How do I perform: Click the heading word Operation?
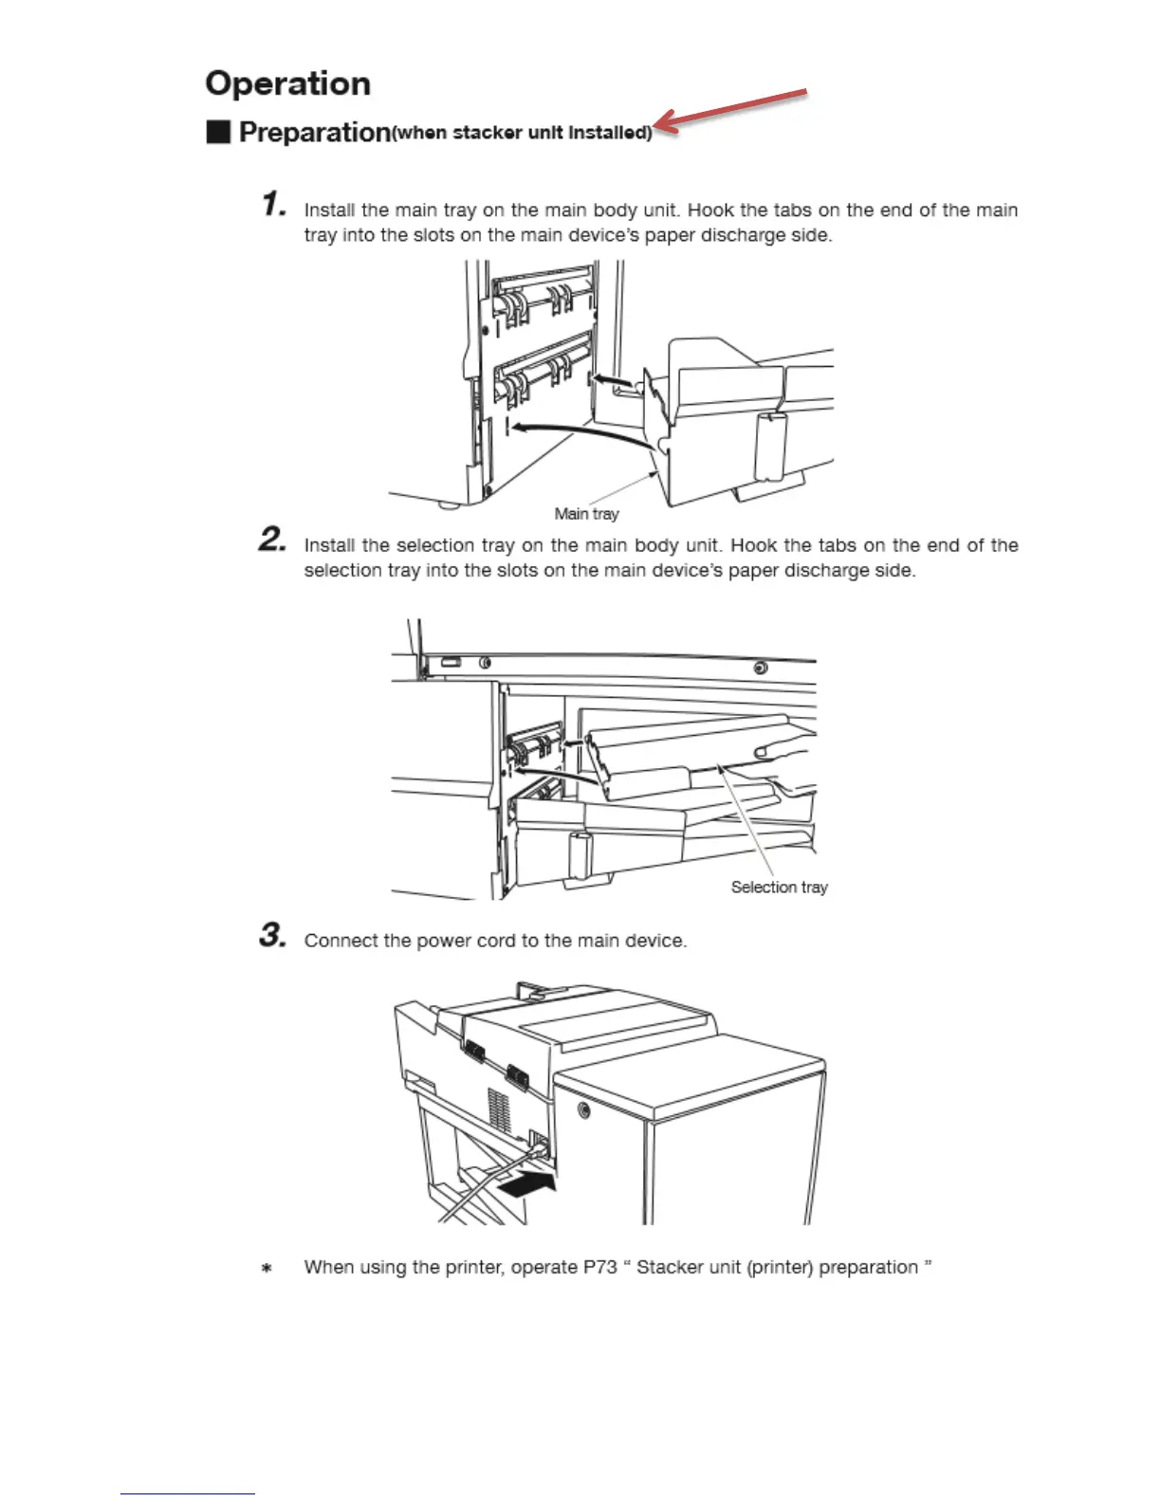[287, 83]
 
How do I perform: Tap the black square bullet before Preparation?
[218, 132]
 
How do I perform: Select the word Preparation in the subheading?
[314, 132]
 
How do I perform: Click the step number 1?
[273, 204]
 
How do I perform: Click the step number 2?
[272, 540]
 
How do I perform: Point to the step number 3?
[272, 935]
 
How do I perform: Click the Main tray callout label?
[586, 513]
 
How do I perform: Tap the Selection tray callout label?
[779, 887]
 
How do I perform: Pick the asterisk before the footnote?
[267, 1269]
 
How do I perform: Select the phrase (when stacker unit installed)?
[522, 133]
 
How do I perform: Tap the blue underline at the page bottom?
[188, 1493]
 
